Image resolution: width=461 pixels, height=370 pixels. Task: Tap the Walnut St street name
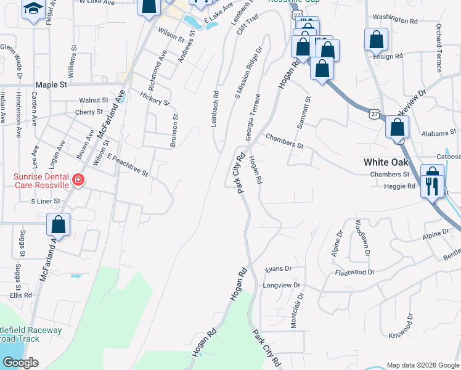pos(93,100)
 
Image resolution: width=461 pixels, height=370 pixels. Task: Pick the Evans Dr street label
pos(277,269)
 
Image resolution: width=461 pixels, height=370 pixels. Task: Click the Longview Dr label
pos(281,286)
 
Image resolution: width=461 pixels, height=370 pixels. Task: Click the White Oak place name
pos(385,162)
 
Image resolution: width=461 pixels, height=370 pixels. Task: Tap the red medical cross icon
pos(78,180)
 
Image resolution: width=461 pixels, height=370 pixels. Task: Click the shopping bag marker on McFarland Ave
pos(59,224)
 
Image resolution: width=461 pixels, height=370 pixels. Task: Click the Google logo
pos(20,363)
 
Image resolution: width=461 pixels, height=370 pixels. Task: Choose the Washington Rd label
pos(395,20)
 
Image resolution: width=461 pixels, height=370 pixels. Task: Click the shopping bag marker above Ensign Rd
pos(375,40)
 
